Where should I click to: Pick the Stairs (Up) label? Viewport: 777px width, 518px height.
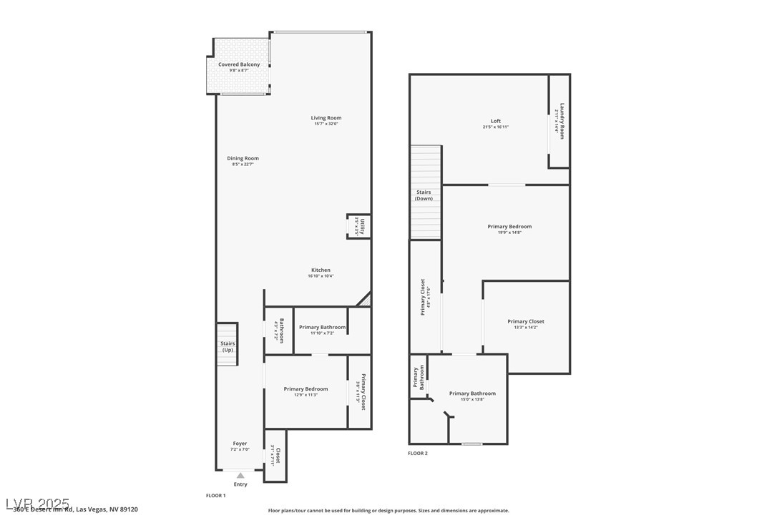[x=228, y=346]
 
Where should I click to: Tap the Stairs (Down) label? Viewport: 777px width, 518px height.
[x=424, y=195]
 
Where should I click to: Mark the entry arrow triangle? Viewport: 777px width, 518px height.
[x=240, y=475]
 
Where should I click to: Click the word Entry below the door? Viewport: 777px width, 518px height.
[x=240, y=484]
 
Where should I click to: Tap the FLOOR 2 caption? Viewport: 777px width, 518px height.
[x=418, y=453]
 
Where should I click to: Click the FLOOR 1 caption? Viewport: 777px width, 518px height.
[x=215, y=495]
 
